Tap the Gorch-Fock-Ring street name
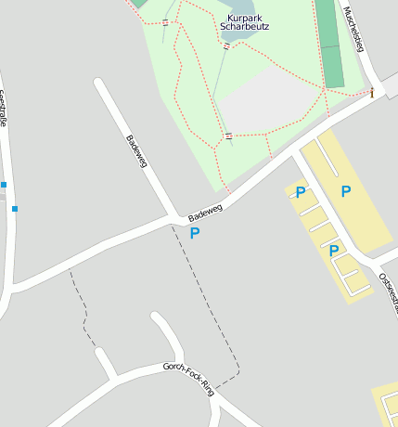tap(188, 378)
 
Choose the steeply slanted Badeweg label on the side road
tap(136, 151)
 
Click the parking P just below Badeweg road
tap(195, 233)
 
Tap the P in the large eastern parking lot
tap(346, 191)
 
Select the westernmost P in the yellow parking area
tap(301, 192)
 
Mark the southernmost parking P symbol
tap(333, 251)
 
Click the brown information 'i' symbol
tap(372, 93)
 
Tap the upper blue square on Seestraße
tap(4, 185)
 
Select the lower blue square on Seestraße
tap(15, 209)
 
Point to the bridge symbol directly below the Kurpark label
tap(226, 45)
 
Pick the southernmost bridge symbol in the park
tap(228, 136)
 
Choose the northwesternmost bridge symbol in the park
tap(165, 21)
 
